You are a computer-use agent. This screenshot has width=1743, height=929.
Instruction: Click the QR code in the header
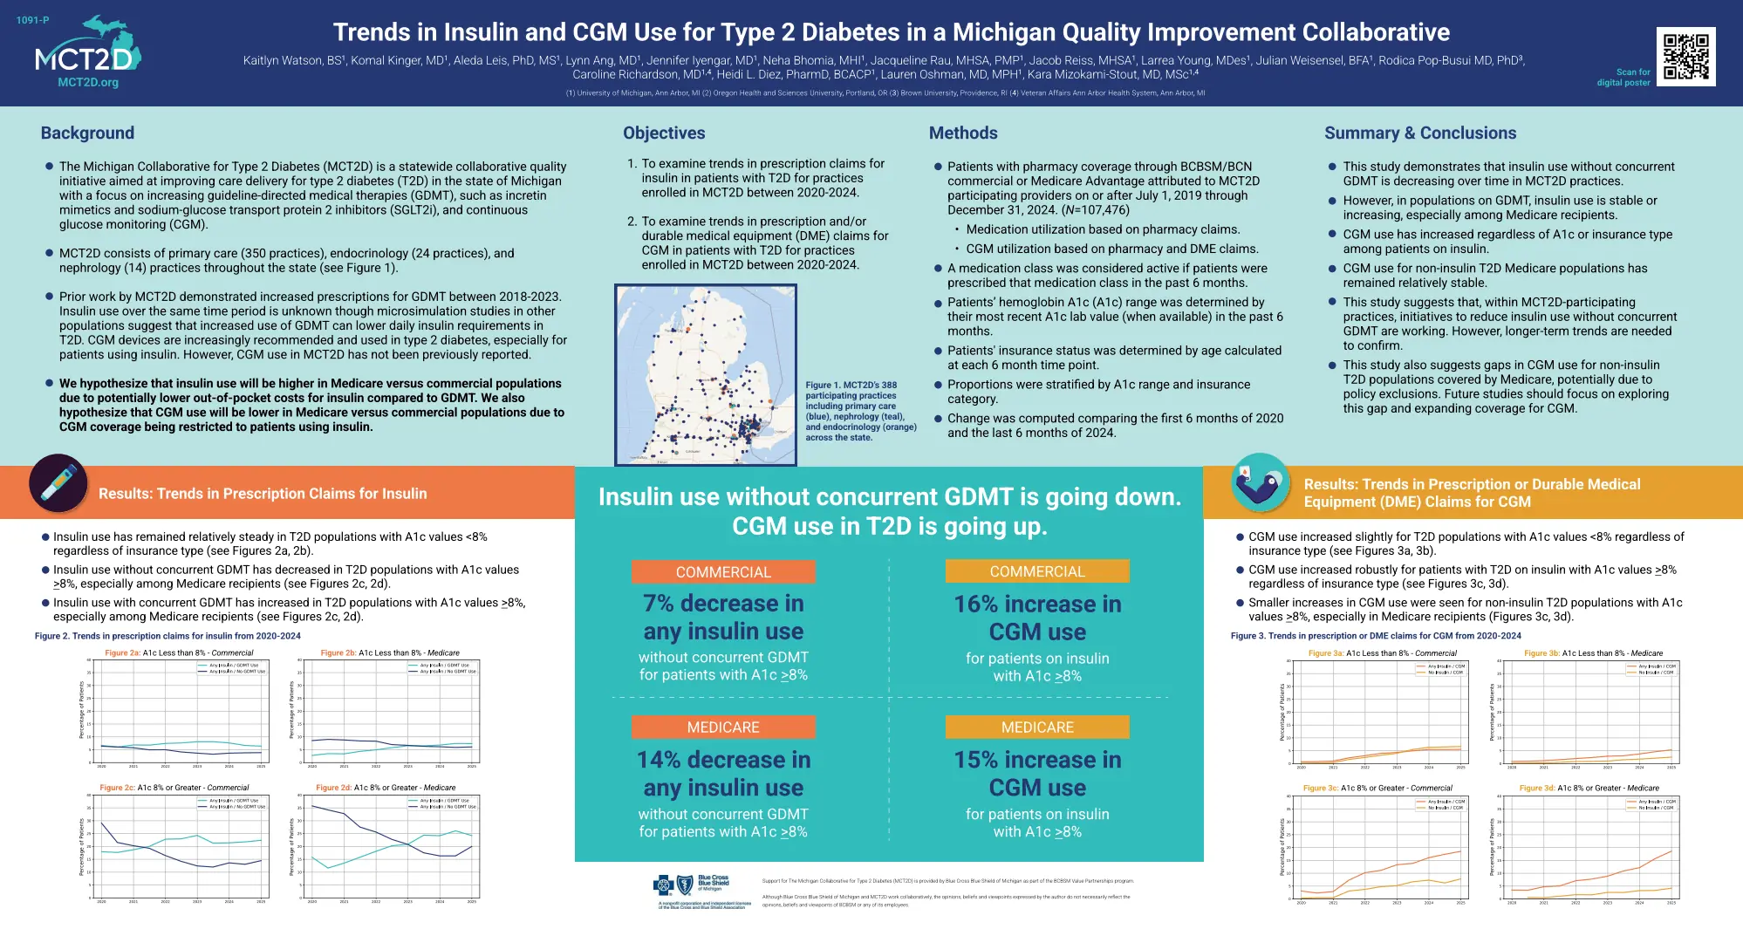click(x=1685, y=57)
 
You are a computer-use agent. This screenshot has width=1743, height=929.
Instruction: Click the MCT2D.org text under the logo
click(x=88, y=83)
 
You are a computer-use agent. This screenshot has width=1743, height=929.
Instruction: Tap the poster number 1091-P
click(x=33, y=20)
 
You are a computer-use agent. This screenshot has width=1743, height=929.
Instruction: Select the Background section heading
click(x=87, y=133)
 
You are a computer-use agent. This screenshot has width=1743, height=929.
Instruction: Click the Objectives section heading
click(x=664, y=133)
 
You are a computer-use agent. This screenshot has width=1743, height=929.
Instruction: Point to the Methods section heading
click(x=963, y=133)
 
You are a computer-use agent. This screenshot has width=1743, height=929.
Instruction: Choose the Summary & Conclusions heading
click(x=1420, y=133)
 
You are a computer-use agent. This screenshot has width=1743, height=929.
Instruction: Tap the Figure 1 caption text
click(x=860, y=411)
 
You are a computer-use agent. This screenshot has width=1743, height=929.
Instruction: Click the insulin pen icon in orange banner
click(x=58, y=482)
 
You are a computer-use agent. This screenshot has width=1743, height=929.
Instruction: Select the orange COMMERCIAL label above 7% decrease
click(x=723, y=572)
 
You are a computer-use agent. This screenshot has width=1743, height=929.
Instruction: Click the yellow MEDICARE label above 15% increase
click(x=1037, y=727)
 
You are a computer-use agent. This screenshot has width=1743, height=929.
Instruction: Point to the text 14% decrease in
click(x=723, y=760)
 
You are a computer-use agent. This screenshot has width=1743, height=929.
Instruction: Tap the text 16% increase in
click(x=1037, y=604)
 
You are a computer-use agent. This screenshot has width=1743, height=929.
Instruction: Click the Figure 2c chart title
click(x=174, y=788)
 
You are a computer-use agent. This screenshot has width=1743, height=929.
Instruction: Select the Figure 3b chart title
click(x=1593, y=653)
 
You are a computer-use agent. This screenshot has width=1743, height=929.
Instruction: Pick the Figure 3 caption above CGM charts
click(x=1376, y=636)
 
